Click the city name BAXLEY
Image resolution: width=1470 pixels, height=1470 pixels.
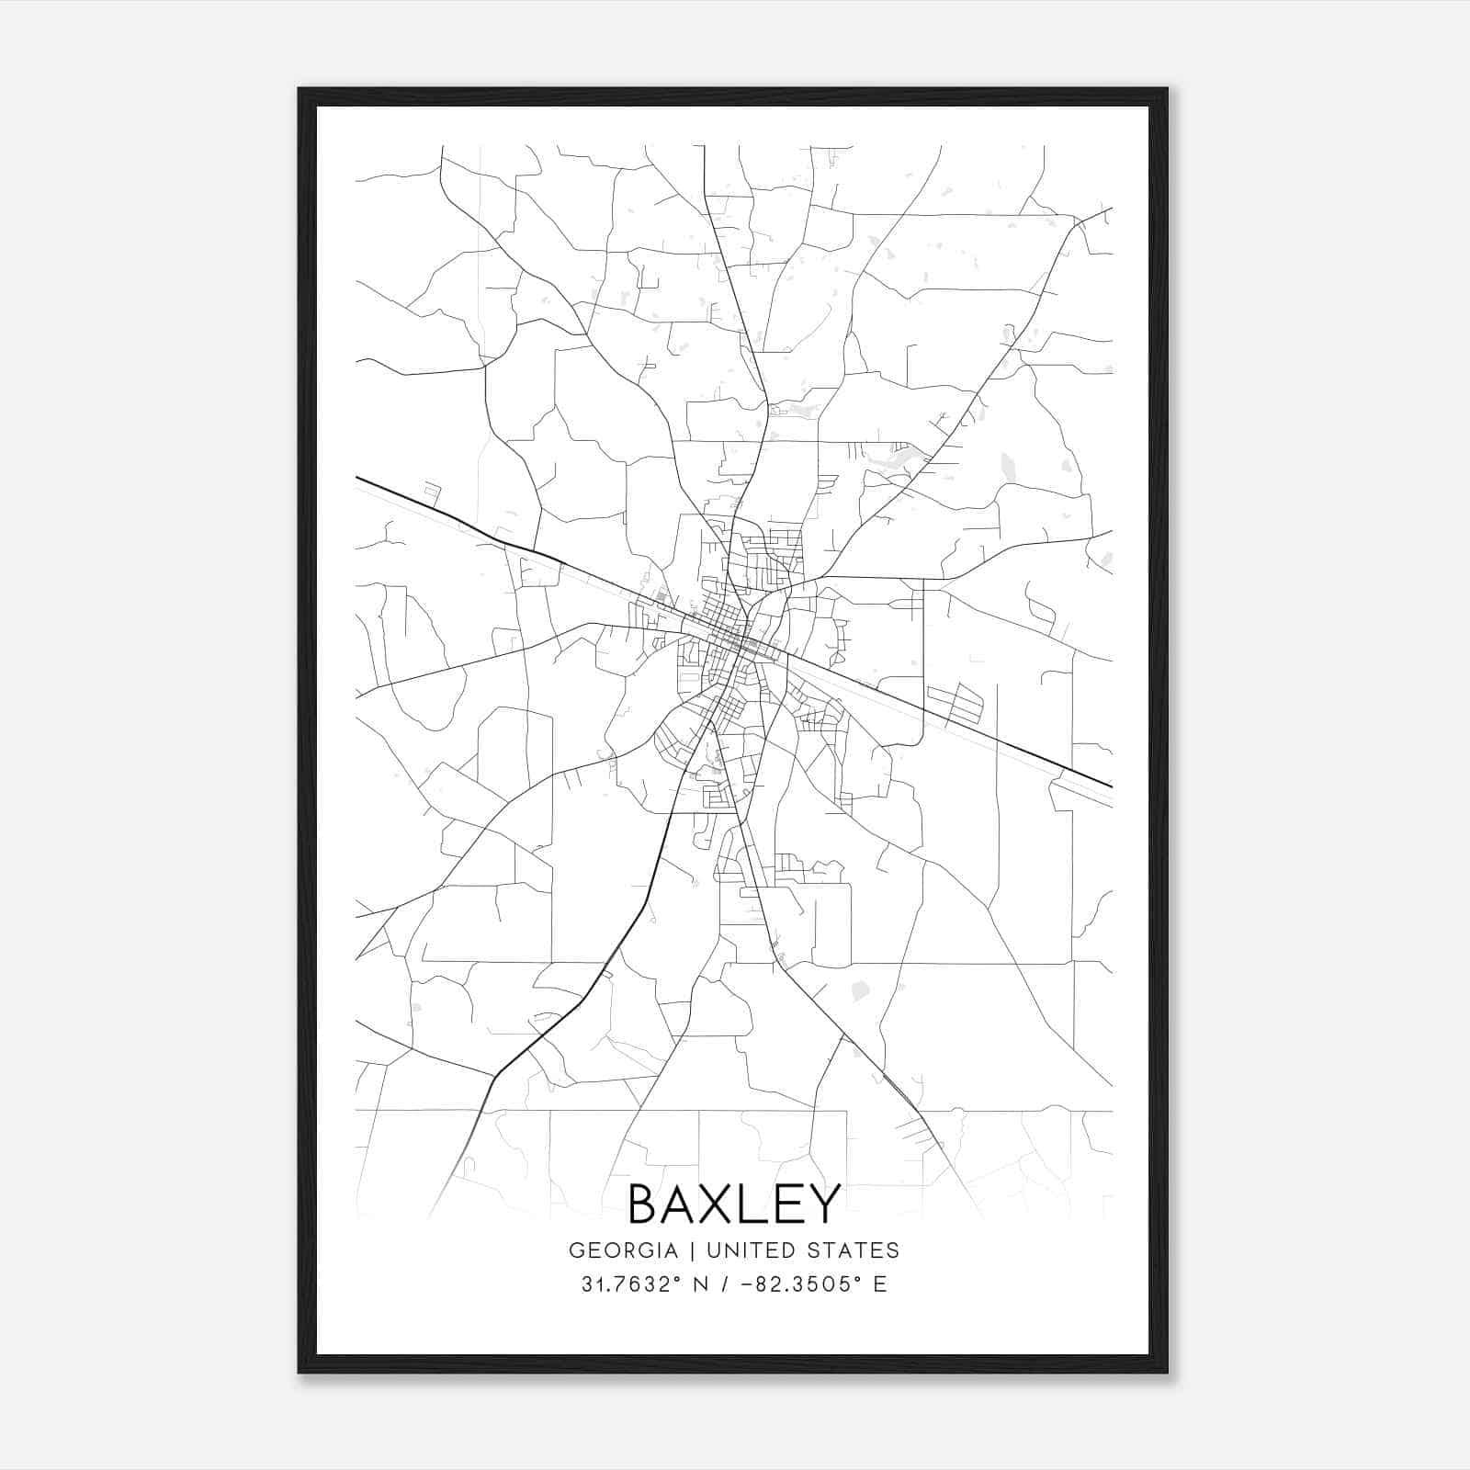[734, 1204]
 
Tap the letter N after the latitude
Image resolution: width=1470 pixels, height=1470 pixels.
[699, 1284]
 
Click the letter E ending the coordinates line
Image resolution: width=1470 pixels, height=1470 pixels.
[880, 1284]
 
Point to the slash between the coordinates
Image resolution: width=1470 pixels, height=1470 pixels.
[725, 1284]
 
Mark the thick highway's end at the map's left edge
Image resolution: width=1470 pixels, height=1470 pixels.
[357, 478]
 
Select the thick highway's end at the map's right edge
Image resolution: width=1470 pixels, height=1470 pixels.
[1111, 786]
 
